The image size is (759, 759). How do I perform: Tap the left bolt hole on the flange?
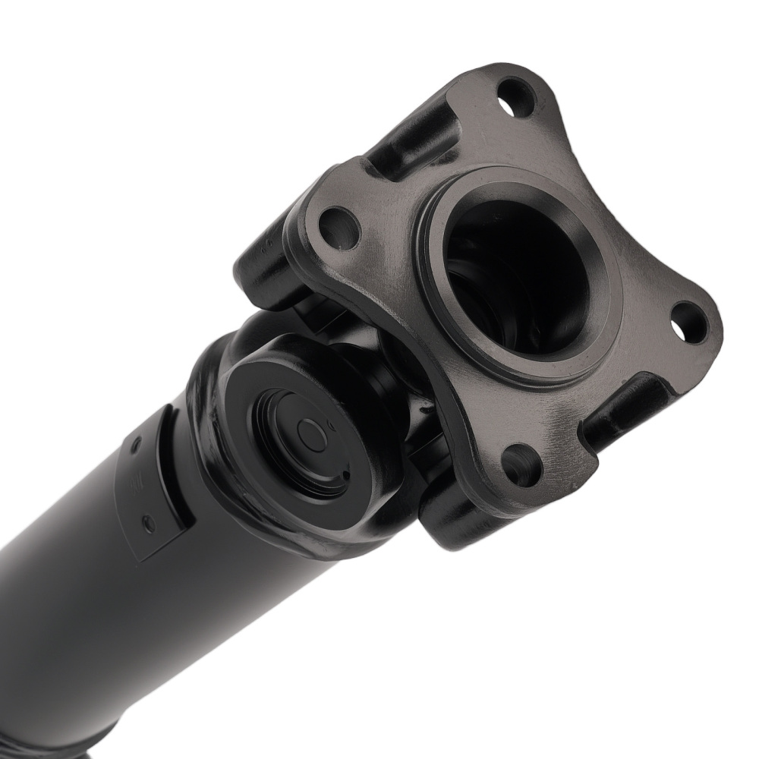coord(336,226)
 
